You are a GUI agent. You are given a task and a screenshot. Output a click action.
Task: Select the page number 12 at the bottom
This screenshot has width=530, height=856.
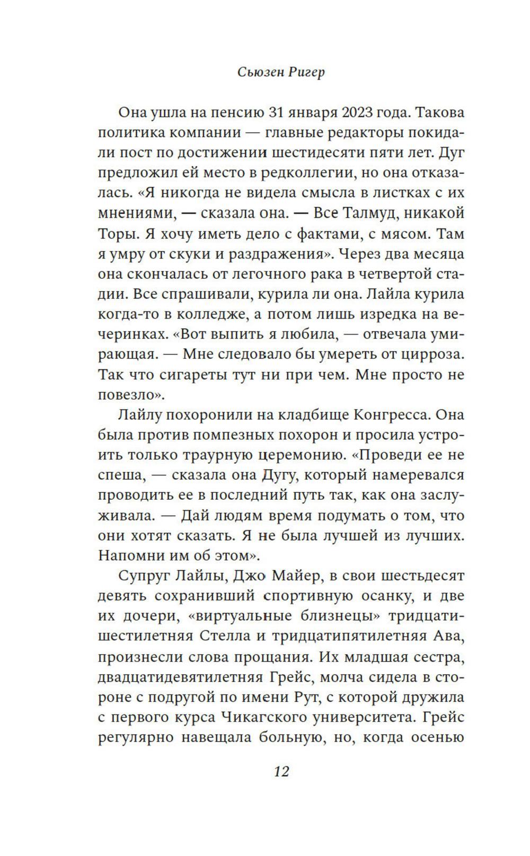coord(281,771)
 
